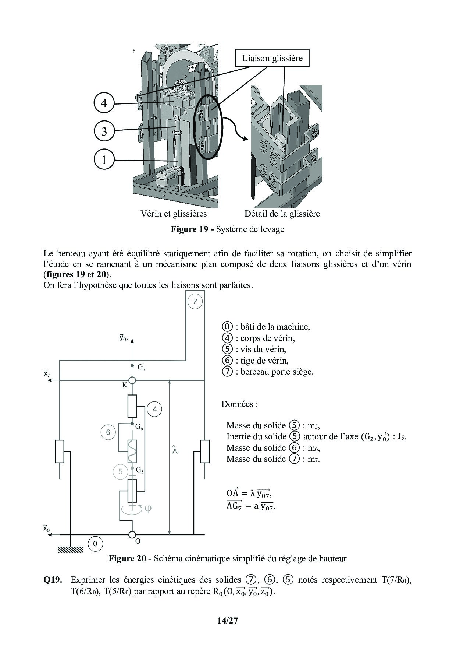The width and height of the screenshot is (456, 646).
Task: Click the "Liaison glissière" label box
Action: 272,58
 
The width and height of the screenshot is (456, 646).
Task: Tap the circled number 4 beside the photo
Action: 104,103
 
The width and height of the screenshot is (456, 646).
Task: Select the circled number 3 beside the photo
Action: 104,131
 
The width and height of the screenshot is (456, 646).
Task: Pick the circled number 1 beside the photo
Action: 104,160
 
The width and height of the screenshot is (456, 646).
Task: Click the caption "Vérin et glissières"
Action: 174,214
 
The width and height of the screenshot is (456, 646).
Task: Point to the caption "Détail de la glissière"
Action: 282,214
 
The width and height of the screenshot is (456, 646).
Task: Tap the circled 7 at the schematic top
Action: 195,302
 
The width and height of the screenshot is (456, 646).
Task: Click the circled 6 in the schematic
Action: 108,432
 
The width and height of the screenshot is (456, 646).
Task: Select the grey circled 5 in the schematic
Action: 120,471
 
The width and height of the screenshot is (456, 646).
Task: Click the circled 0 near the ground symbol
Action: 95,544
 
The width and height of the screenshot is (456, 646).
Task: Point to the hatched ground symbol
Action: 70,550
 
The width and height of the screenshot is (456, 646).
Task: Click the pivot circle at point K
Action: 132,380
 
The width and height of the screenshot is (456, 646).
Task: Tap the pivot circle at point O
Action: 132,534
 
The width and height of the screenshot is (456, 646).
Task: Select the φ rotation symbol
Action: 148,509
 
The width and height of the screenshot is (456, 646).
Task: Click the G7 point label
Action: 142,367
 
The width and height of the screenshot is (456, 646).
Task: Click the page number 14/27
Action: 228,621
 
